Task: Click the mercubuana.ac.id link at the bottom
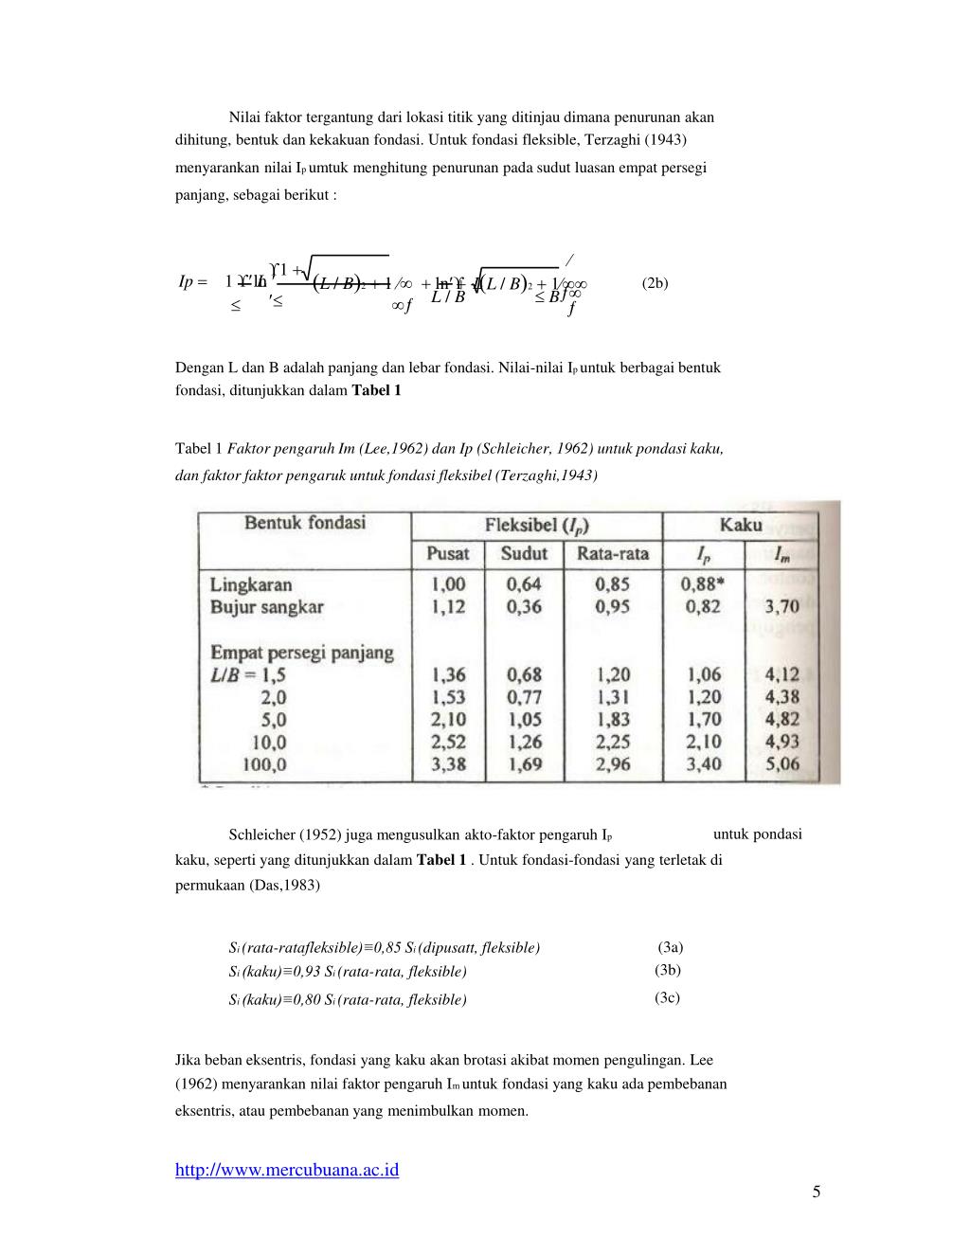coord(287,1170)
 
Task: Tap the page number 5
coord(817,1192)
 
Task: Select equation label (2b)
coord(655,282)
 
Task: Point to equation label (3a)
coord(671,946)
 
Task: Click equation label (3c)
coord(667,997)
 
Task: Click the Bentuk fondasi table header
coord(305,523)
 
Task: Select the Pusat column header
coord(448,553)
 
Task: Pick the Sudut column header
coord(524,553)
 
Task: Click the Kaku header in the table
coord(741,524)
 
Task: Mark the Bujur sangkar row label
coord(267,607)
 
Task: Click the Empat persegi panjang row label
coord(301,653)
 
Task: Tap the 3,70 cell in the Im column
coord(781,607)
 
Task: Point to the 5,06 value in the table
coord(781,763)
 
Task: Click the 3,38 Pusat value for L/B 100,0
coord(448,763)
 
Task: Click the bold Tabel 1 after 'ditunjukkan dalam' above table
coord(377,390)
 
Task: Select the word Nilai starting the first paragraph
coord(244,117)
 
